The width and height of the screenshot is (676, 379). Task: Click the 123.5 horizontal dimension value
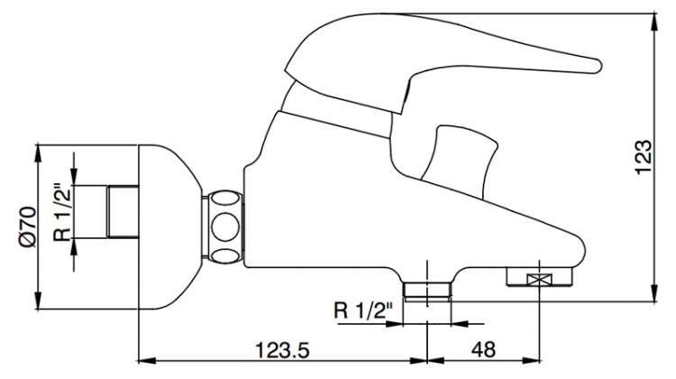[x=282, y=349]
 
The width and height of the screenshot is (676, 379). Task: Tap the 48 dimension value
[x=483, y=349]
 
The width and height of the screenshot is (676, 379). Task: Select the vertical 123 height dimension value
[x=644, y=157]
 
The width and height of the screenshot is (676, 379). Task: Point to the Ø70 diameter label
[x=28, y=227]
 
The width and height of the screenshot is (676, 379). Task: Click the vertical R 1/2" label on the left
[x=61, y=213]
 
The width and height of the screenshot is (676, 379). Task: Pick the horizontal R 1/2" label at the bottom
[x=364, y=310]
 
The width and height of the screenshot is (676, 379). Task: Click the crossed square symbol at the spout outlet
[x=540, y=280]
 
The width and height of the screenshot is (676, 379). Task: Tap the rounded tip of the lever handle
[x=597, y=66]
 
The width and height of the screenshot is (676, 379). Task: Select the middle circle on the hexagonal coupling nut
[x=225, y=226]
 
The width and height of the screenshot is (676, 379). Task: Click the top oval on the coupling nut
[x=225, y=199]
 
